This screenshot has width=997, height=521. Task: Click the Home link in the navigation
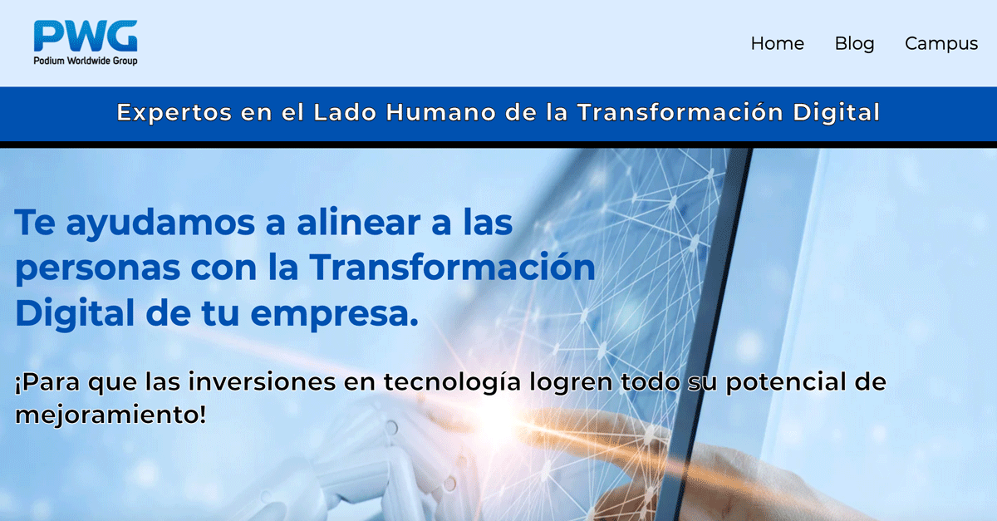778,44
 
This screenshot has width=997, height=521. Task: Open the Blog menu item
855,44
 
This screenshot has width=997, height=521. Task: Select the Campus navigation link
941,44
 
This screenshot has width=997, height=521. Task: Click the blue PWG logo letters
86,36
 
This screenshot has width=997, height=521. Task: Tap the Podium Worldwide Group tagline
86,61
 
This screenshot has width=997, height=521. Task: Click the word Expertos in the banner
174,113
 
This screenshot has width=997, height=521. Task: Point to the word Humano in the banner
440,112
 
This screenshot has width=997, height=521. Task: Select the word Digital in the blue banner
837,113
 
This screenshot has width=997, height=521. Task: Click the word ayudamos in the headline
160,224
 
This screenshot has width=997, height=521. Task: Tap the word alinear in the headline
358,222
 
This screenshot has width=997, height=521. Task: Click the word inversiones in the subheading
262,382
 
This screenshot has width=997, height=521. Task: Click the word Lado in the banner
345,112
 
